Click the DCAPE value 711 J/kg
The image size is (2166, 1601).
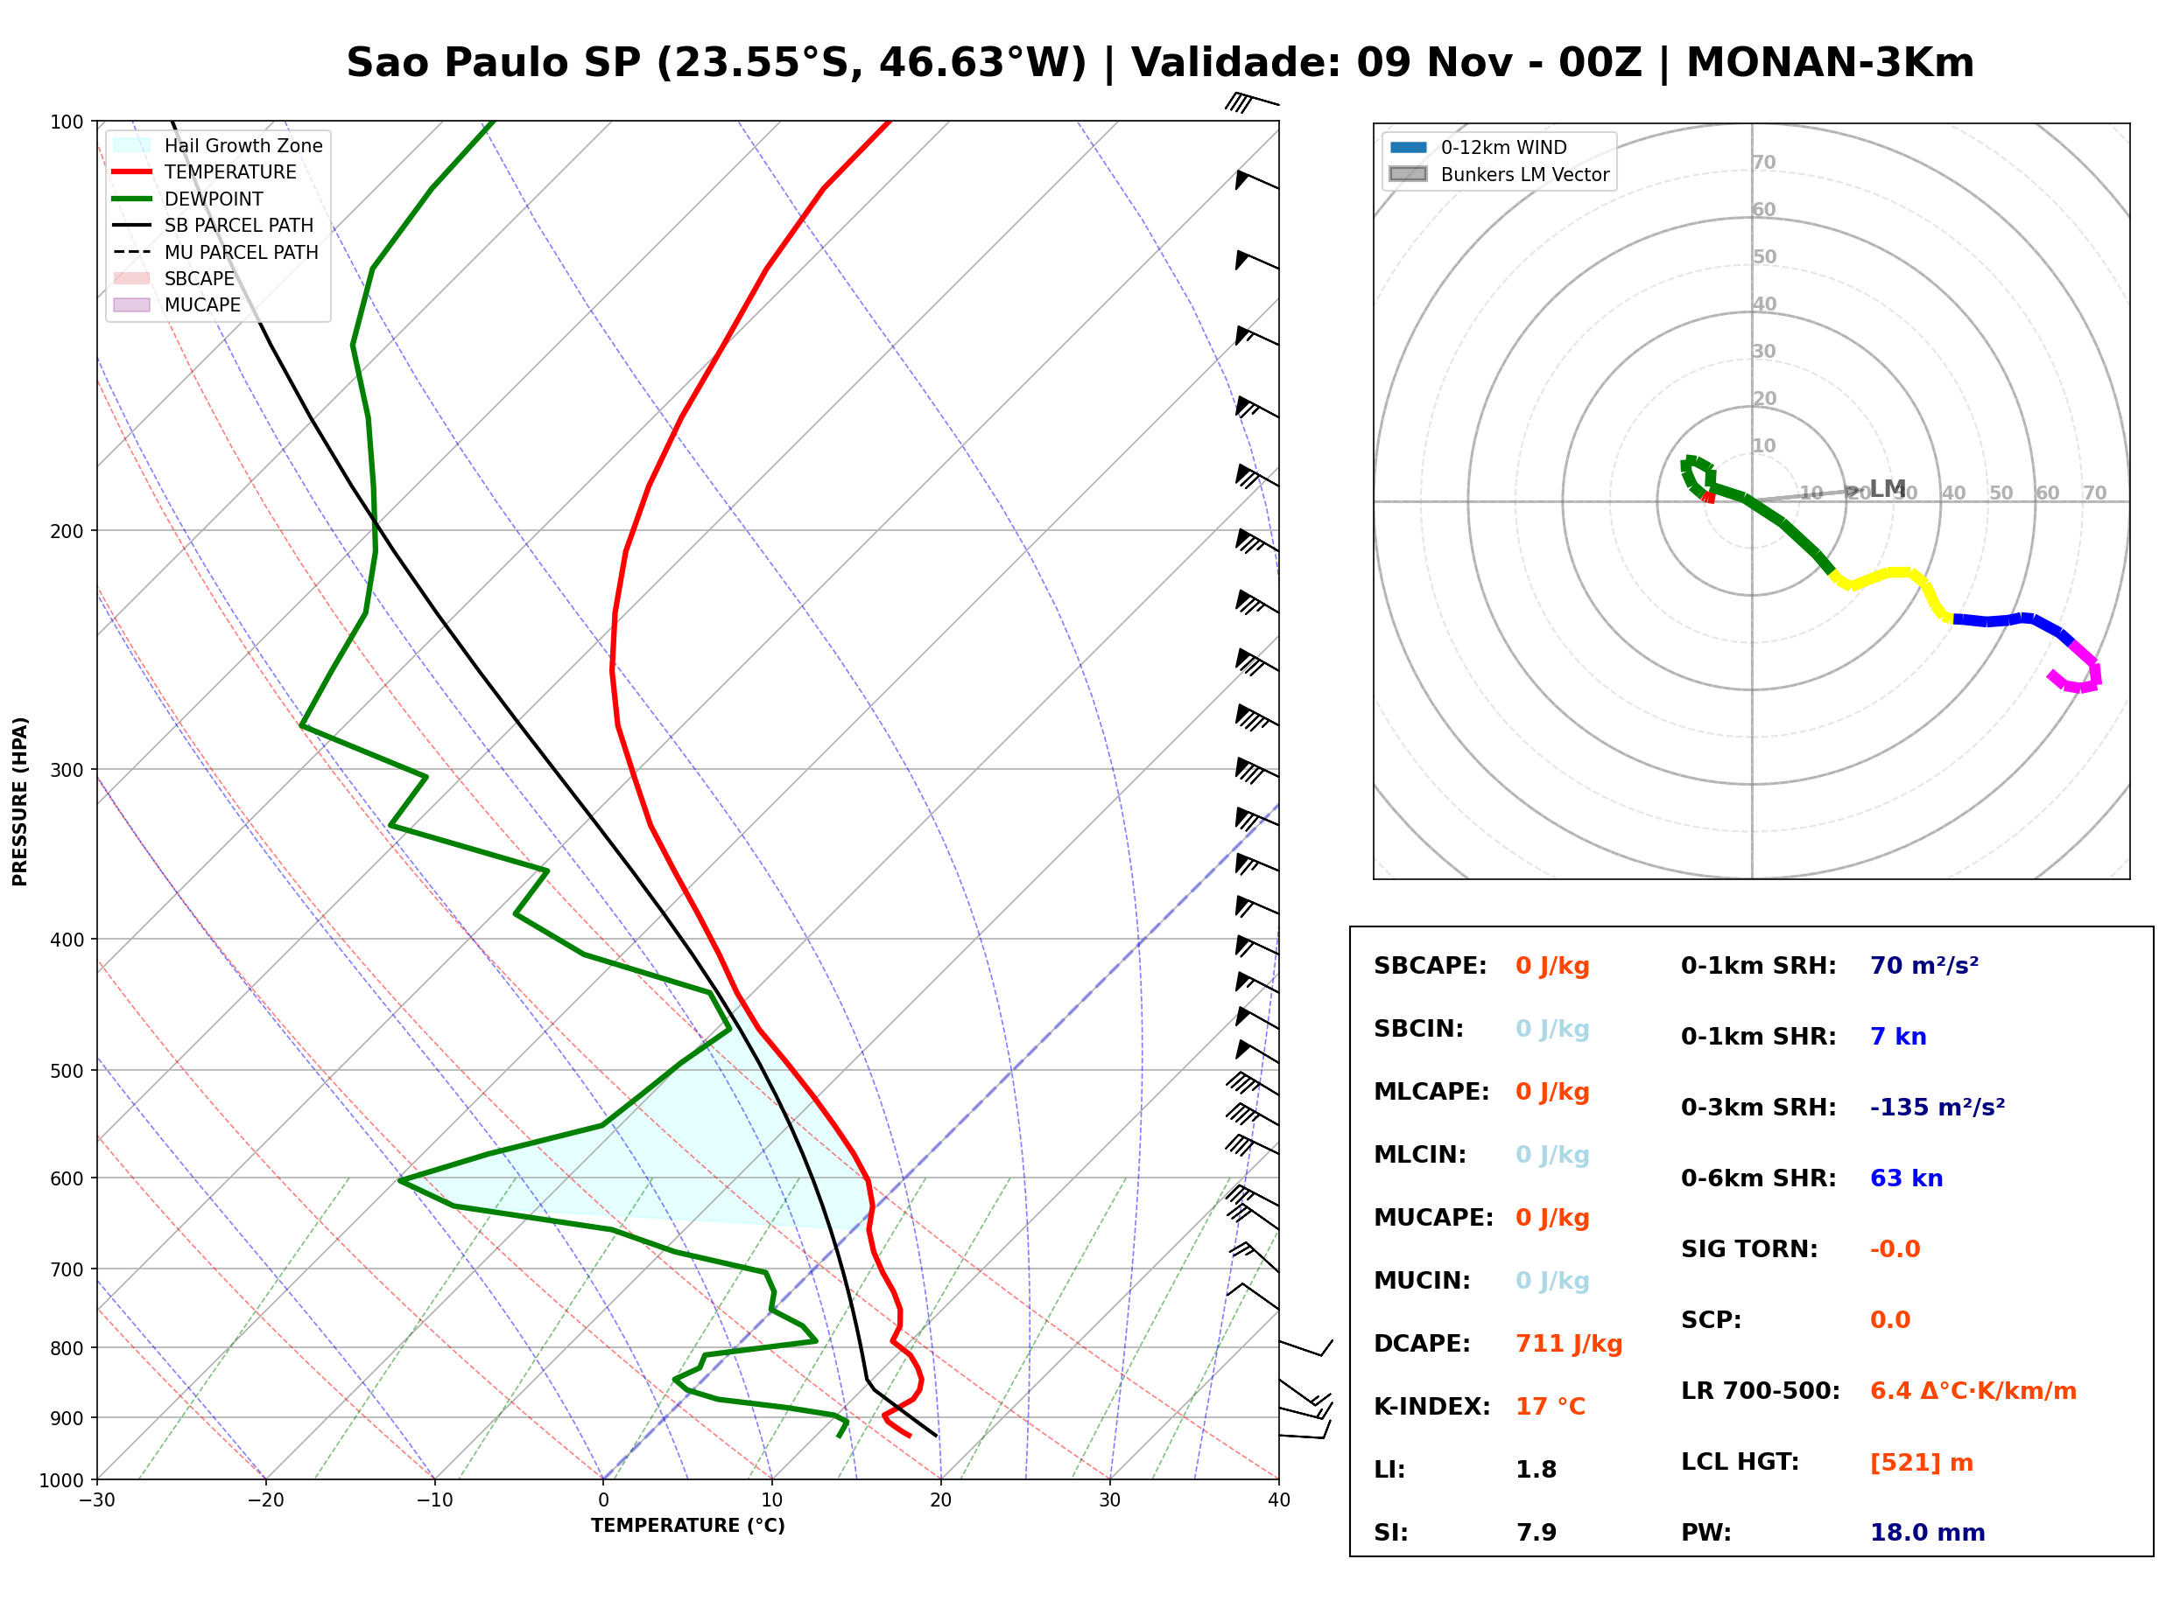(x=1568, y=1343)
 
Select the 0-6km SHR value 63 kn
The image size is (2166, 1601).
(x=1905, y=1178)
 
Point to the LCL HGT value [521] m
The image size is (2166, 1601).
(x=1921, y=1463)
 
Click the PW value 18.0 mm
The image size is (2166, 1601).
(x=1926, y=1532)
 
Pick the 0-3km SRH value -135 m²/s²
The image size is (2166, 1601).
(x=1937, y=1107)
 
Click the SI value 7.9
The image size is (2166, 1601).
(x=1536, y=1532)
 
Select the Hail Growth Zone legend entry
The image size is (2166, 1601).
(x=218, y=145)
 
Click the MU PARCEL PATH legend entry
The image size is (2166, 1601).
(x=216, y=252)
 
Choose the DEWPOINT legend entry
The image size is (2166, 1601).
(x=188, y=199)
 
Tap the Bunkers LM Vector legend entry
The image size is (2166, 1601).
(x=1499, y=174)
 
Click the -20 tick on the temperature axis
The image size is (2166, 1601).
(x=265, y=1500)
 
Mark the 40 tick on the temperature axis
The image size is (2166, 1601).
(x=1279, y=1500)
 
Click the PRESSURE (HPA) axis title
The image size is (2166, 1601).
(x=20, y=801)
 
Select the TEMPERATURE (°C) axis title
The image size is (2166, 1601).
(x=688, y=1527)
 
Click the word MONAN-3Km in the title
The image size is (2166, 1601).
(x=1830, y=63)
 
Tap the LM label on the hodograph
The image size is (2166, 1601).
(x=1887, y=488)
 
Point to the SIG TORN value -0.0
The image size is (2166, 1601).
(x=1895, y=1249)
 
